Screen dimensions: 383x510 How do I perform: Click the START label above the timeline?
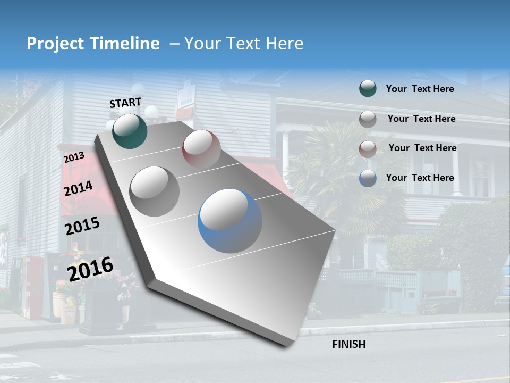pyautogui.click(x=125, y=103)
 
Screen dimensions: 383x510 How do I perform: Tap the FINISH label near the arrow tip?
pyautogui.click(x=348, y=344)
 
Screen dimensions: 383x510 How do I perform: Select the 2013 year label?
pyautogui.click(x=74, y=157)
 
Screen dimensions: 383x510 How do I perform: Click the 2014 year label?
pyautogui.click(x=78, y=189)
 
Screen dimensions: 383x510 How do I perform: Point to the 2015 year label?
pyautogui.click(x=82, y=226)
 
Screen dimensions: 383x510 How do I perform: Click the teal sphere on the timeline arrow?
pyautogui.click(x=130, y=131)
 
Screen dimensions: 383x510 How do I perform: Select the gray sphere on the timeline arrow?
pyautogui.click(x=155, y=191)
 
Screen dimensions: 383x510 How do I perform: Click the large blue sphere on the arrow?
pyautogui.click(x=230, y=221)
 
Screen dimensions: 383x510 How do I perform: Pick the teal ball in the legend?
pyautogui.click(x=368, y=89)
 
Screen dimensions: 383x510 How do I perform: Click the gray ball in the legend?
pyautogui.click(x=368, y=119)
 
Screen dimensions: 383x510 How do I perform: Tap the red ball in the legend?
pyautogui.click(x=368, y=148)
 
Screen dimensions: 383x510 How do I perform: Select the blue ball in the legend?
pyautogui.click(x=368, y=178)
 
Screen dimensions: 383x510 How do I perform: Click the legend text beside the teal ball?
pyautogui.click(x=420, y=89)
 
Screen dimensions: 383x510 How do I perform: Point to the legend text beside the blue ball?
pyautogui.click(x=420, y=178)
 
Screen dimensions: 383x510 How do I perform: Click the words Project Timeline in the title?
pyautogui.click(x=93, y=44)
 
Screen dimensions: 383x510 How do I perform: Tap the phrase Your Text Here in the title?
pyautogui.click(x=243, y=44)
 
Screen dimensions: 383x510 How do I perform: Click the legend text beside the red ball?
pyautogui.click(x=422, y=148)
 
